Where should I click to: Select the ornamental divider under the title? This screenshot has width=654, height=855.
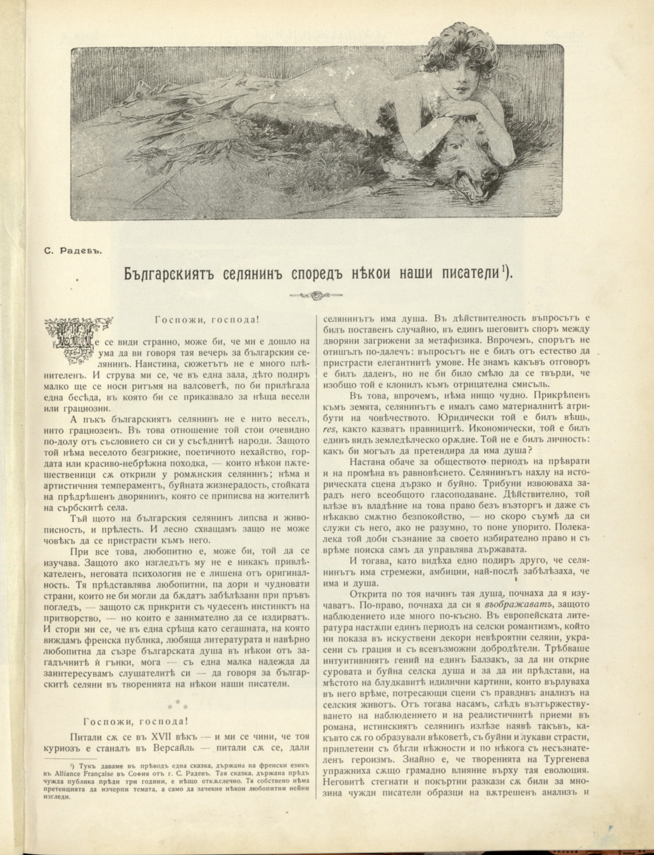[316, 295]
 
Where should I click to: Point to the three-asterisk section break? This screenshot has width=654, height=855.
[178, 704]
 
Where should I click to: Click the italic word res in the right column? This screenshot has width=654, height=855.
[329, 429]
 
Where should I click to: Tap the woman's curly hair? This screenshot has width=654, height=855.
[451, 47]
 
